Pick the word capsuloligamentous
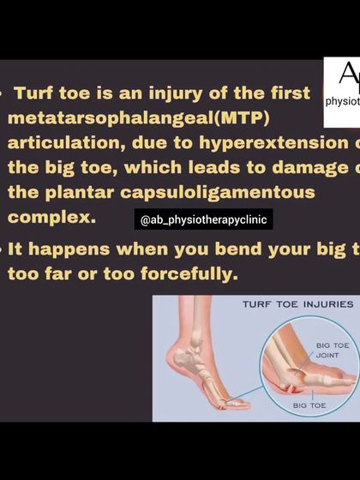[x=218, y=192]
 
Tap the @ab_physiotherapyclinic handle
[x=204, y=220]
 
